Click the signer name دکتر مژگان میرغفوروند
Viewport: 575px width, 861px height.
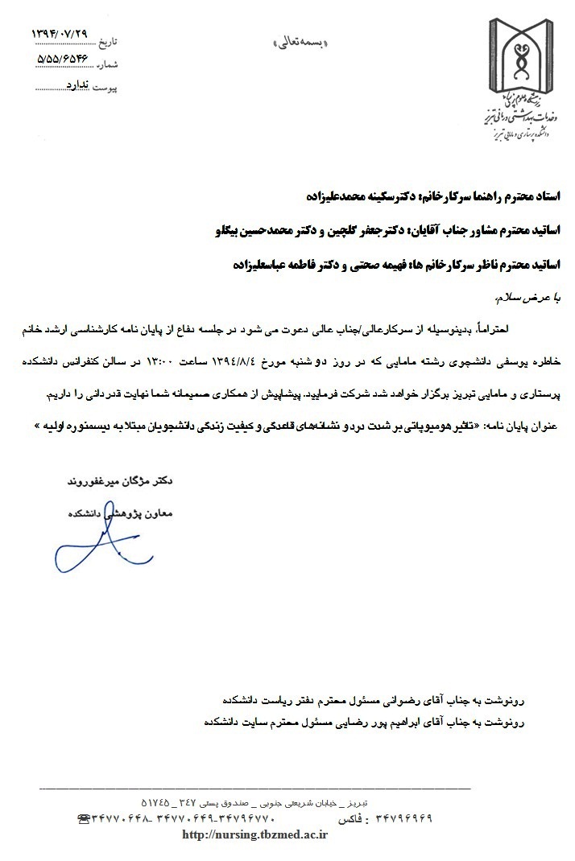tap(120, 481)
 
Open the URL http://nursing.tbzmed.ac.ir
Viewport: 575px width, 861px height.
tap(255, 834)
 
